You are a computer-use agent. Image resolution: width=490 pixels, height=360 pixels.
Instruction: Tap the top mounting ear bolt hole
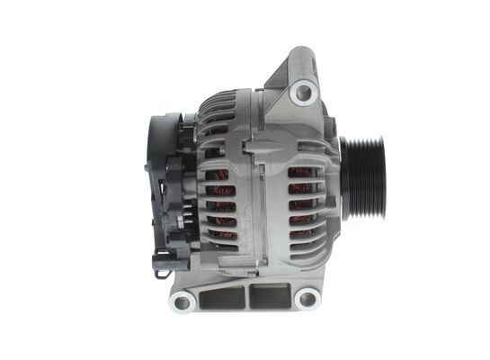pos(304,89)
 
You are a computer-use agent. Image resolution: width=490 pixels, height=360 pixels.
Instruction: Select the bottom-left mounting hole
pos(183,301)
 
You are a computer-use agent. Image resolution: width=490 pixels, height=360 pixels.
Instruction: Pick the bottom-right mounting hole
pos(307,298)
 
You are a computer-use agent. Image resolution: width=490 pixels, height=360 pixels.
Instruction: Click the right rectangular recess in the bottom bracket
pos(271,294)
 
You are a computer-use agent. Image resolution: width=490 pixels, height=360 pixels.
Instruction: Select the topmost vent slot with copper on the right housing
pos(301,172)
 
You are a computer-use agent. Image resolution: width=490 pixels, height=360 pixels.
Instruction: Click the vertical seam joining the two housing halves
pos(255,207)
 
